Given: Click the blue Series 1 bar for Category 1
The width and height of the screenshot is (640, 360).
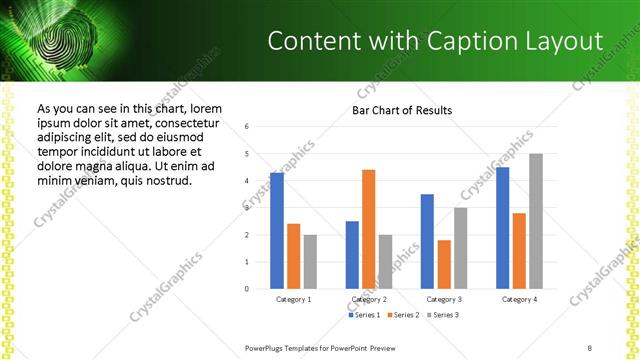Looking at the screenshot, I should click(x=277, y=231).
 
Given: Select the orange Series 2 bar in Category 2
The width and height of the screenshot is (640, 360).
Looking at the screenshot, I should click(x=368, y=229).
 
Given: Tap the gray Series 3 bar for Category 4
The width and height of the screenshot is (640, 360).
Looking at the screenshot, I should click(x=536, y=221).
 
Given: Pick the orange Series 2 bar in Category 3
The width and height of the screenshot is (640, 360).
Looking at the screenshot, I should click(x=443, y=264).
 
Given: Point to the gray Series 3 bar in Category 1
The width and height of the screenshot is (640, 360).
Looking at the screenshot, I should click(x=311, y=262).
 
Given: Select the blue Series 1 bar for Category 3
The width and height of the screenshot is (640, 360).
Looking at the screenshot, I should click(x=427, y=241).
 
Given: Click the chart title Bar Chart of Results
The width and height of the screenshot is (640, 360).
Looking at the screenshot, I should click(x=402, y=110).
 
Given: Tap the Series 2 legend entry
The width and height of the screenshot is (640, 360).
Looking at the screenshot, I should click(x=403, y=315).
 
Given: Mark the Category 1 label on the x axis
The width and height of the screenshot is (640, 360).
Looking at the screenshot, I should click(x=293, y=299).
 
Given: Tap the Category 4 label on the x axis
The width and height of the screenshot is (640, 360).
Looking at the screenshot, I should click(x=519, y=299).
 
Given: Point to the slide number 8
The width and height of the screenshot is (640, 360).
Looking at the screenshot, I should click(x=590, y=347).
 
